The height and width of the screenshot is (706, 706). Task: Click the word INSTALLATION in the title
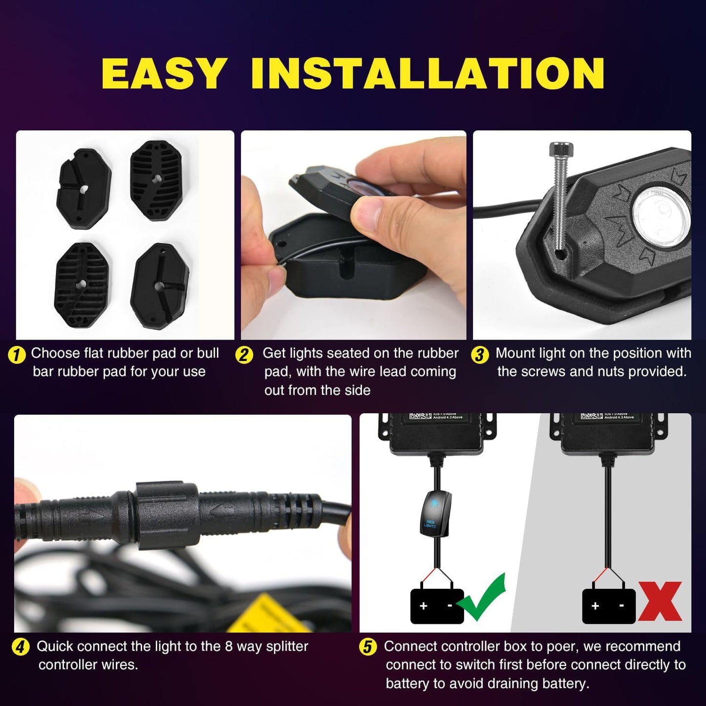coord(428,73)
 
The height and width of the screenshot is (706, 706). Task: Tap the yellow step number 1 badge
coord(17,355)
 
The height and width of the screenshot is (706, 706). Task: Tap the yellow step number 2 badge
coord(244,355)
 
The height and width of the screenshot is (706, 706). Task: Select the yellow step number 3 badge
coord(480,355)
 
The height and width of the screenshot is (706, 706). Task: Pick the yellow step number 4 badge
coord(20,648)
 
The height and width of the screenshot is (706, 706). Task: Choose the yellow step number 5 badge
coord(367,648)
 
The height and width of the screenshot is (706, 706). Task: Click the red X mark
coord(660,601)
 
